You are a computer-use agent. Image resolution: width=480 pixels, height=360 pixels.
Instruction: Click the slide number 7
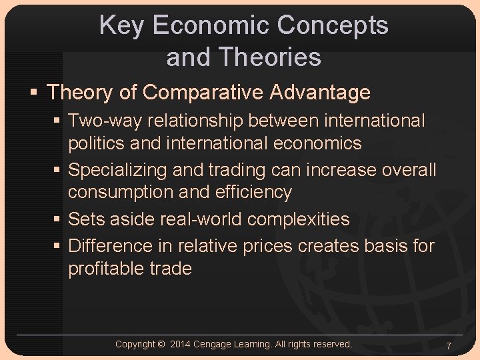point(449,346)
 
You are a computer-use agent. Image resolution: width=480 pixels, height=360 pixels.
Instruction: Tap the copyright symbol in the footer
point(161,344)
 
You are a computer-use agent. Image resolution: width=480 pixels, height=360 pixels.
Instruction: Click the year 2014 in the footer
point(181,344)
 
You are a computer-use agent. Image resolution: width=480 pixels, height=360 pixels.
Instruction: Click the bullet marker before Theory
point(35,93)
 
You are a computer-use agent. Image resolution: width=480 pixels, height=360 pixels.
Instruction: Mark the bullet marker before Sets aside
point(58,219)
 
